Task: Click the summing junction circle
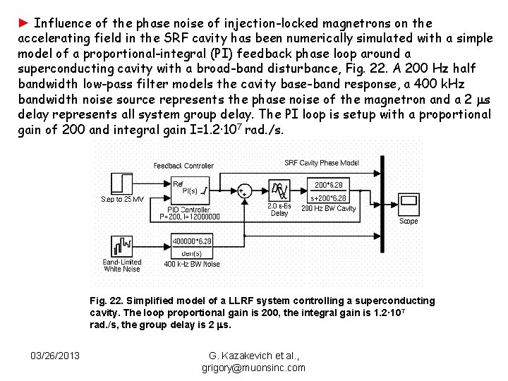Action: coord(244,191)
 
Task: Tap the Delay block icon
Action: coord(279,190)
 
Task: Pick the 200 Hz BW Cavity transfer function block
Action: coord(329,190)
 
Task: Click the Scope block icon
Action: coord(409,203)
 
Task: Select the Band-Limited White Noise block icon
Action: coord(121,246)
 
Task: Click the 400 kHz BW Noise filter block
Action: coord(192,246)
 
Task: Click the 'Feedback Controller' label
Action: coord(183,166)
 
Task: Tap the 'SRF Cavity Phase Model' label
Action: coord(322,163)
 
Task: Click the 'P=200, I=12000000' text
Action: coord(190,217)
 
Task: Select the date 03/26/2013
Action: coord(55,354)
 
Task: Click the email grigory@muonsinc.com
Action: coord(253,368)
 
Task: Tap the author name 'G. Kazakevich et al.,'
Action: coord(253,356)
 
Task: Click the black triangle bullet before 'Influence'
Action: coord(23,23)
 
